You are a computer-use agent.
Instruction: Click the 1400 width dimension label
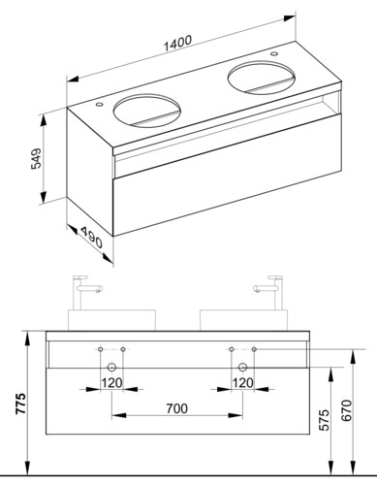coord(177,43)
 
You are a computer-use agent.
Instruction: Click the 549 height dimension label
coord(36,158)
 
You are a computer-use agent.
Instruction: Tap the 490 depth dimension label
coord(91,238)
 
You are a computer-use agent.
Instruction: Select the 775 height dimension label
coord(21,404)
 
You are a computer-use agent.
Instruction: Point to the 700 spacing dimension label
coord(177,408)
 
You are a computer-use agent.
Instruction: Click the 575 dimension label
coord(324,420)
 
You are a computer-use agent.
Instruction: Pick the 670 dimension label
coord(346,410)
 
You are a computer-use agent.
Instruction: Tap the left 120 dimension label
coord(111,383)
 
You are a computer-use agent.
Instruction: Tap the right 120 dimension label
coord(243,383)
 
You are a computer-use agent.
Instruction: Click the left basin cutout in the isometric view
coord(146,110)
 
